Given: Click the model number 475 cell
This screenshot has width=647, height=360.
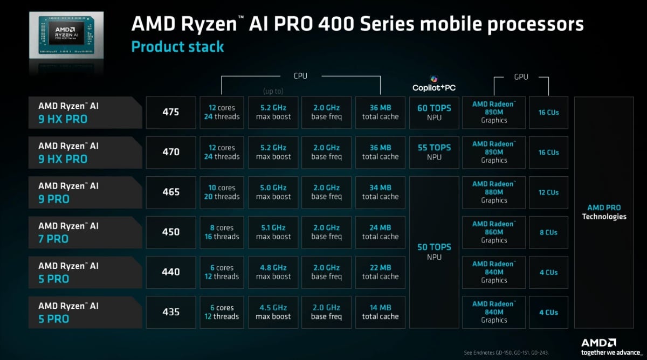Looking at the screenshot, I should [171, 113].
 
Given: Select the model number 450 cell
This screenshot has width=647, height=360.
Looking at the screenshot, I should [171, 232].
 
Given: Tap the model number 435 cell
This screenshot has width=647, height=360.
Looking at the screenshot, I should [171, 312].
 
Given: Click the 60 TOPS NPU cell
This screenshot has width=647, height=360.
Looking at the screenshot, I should [434, 113].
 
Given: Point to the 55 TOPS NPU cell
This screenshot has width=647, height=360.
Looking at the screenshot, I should [434, 153].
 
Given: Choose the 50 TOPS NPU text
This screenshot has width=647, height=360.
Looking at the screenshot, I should [434, 252].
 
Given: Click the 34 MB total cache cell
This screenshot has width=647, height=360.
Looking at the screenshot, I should [380, 192].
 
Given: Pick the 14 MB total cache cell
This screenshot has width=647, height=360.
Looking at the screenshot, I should [380, 312].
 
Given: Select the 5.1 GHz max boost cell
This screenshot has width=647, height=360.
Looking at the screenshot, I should [273, 232].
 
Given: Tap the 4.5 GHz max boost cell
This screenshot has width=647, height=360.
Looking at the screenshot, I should [273, 312].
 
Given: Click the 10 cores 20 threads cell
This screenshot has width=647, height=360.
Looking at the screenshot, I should [222, 192].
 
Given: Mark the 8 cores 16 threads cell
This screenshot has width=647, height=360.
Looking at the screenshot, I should [222, 232].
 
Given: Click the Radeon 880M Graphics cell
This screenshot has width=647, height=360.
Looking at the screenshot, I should [494, 192].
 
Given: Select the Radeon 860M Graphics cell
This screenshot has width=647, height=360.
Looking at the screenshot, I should [494, 232].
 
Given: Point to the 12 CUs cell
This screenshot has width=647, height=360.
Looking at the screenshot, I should [548, 192].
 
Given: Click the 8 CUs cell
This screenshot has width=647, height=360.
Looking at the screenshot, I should [548, 232].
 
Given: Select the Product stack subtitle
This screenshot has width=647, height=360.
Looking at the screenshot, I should [177, 46].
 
